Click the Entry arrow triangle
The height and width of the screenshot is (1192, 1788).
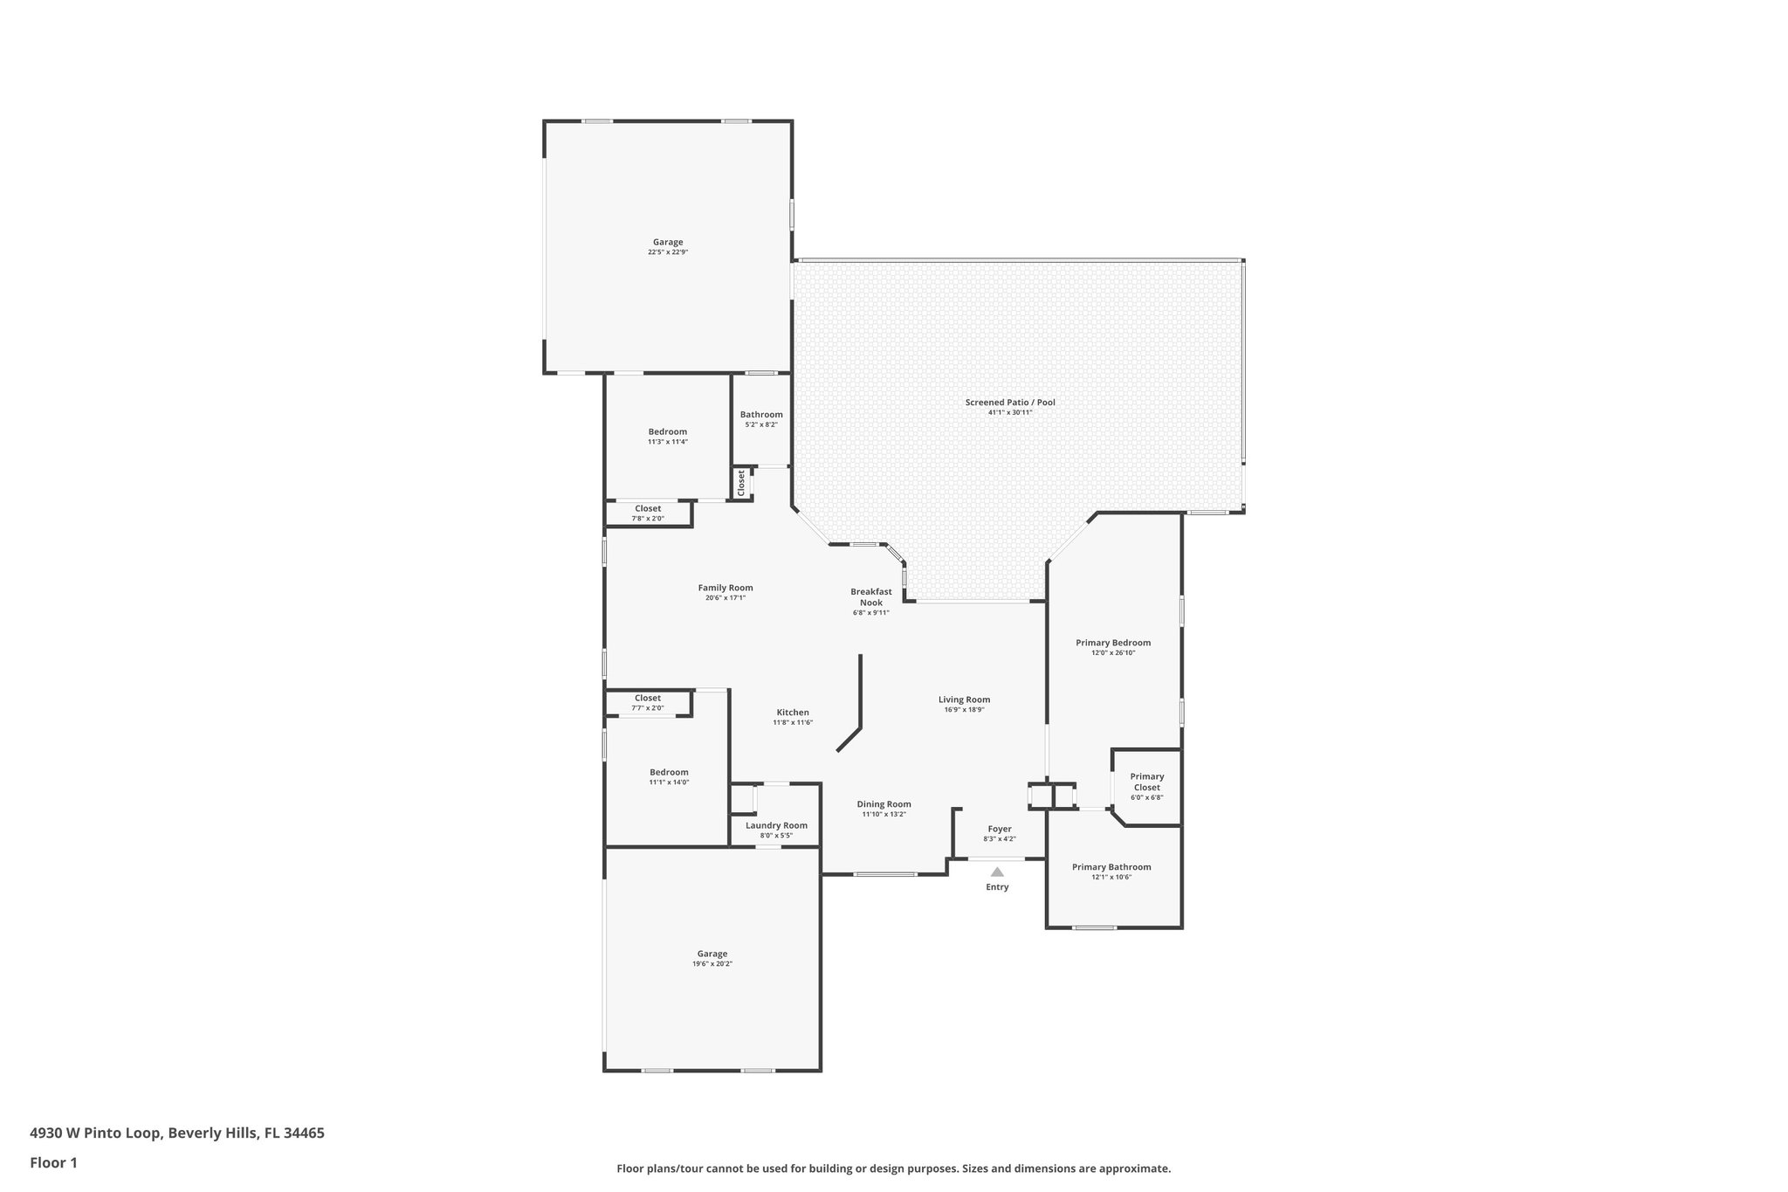pyautogui.click(x=997, y=872)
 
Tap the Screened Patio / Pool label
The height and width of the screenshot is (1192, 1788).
pyautogui.click(x=1010, y=403)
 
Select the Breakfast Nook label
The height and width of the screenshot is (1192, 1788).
pyautogui.click(x=871, y=597)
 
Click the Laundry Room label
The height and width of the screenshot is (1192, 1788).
pyautogui.click(x=776, y=825)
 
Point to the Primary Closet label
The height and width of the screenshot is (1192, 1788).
pyautogui.click(x=1147, y=782)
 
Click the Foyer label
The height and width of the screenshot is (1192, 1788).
pyautogui.click(x=1000, y=829)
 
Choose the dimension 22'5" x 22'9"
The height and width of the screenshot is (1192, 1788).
pyautogui.click(x=668, y=252)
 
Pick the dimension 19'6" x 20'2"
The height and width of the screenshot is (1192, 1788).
pyautogui.click(x=712, y=964)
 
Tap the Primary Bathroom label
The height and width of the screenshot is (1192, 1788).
pyautogui.click(x=1111, y=867)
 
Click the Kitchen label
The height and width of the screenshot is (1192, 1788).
pyautogui.click(x=793, y=713)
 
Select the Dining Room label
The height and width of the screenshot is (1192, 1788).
pyautogui.click(x=884, y=804)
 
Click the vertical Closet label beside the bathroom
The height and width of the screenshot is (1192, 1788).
pyautogui.click(x=741, y=483)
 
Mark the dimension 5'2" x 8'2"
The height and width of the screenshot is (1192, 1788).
pyautogui.click(x=761, y=424)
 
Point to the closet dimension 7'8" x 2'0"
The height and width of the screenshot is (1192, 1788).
pyautogui.click(x=648, y=519)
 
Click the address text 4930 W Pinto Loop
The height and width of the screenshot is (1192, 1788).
pyautogui.click(x=95, y=1133)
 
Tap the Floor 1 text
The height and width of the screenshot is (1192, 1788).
pyautogui.click(x=54, y=1162)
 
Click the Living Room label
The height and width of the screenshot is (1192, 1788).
pyautogui.click(x=964, y=699)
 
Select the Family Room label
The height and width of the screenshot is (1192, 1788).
pyautogui.click(x=725, y=588)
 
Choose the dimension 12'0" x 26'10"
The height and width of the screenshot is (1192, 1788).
pyautogui.click(x=1113, y=652)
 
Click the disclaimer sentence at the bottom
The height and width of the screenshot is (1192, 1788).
pyautogui.click(x=893, y=1168)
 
